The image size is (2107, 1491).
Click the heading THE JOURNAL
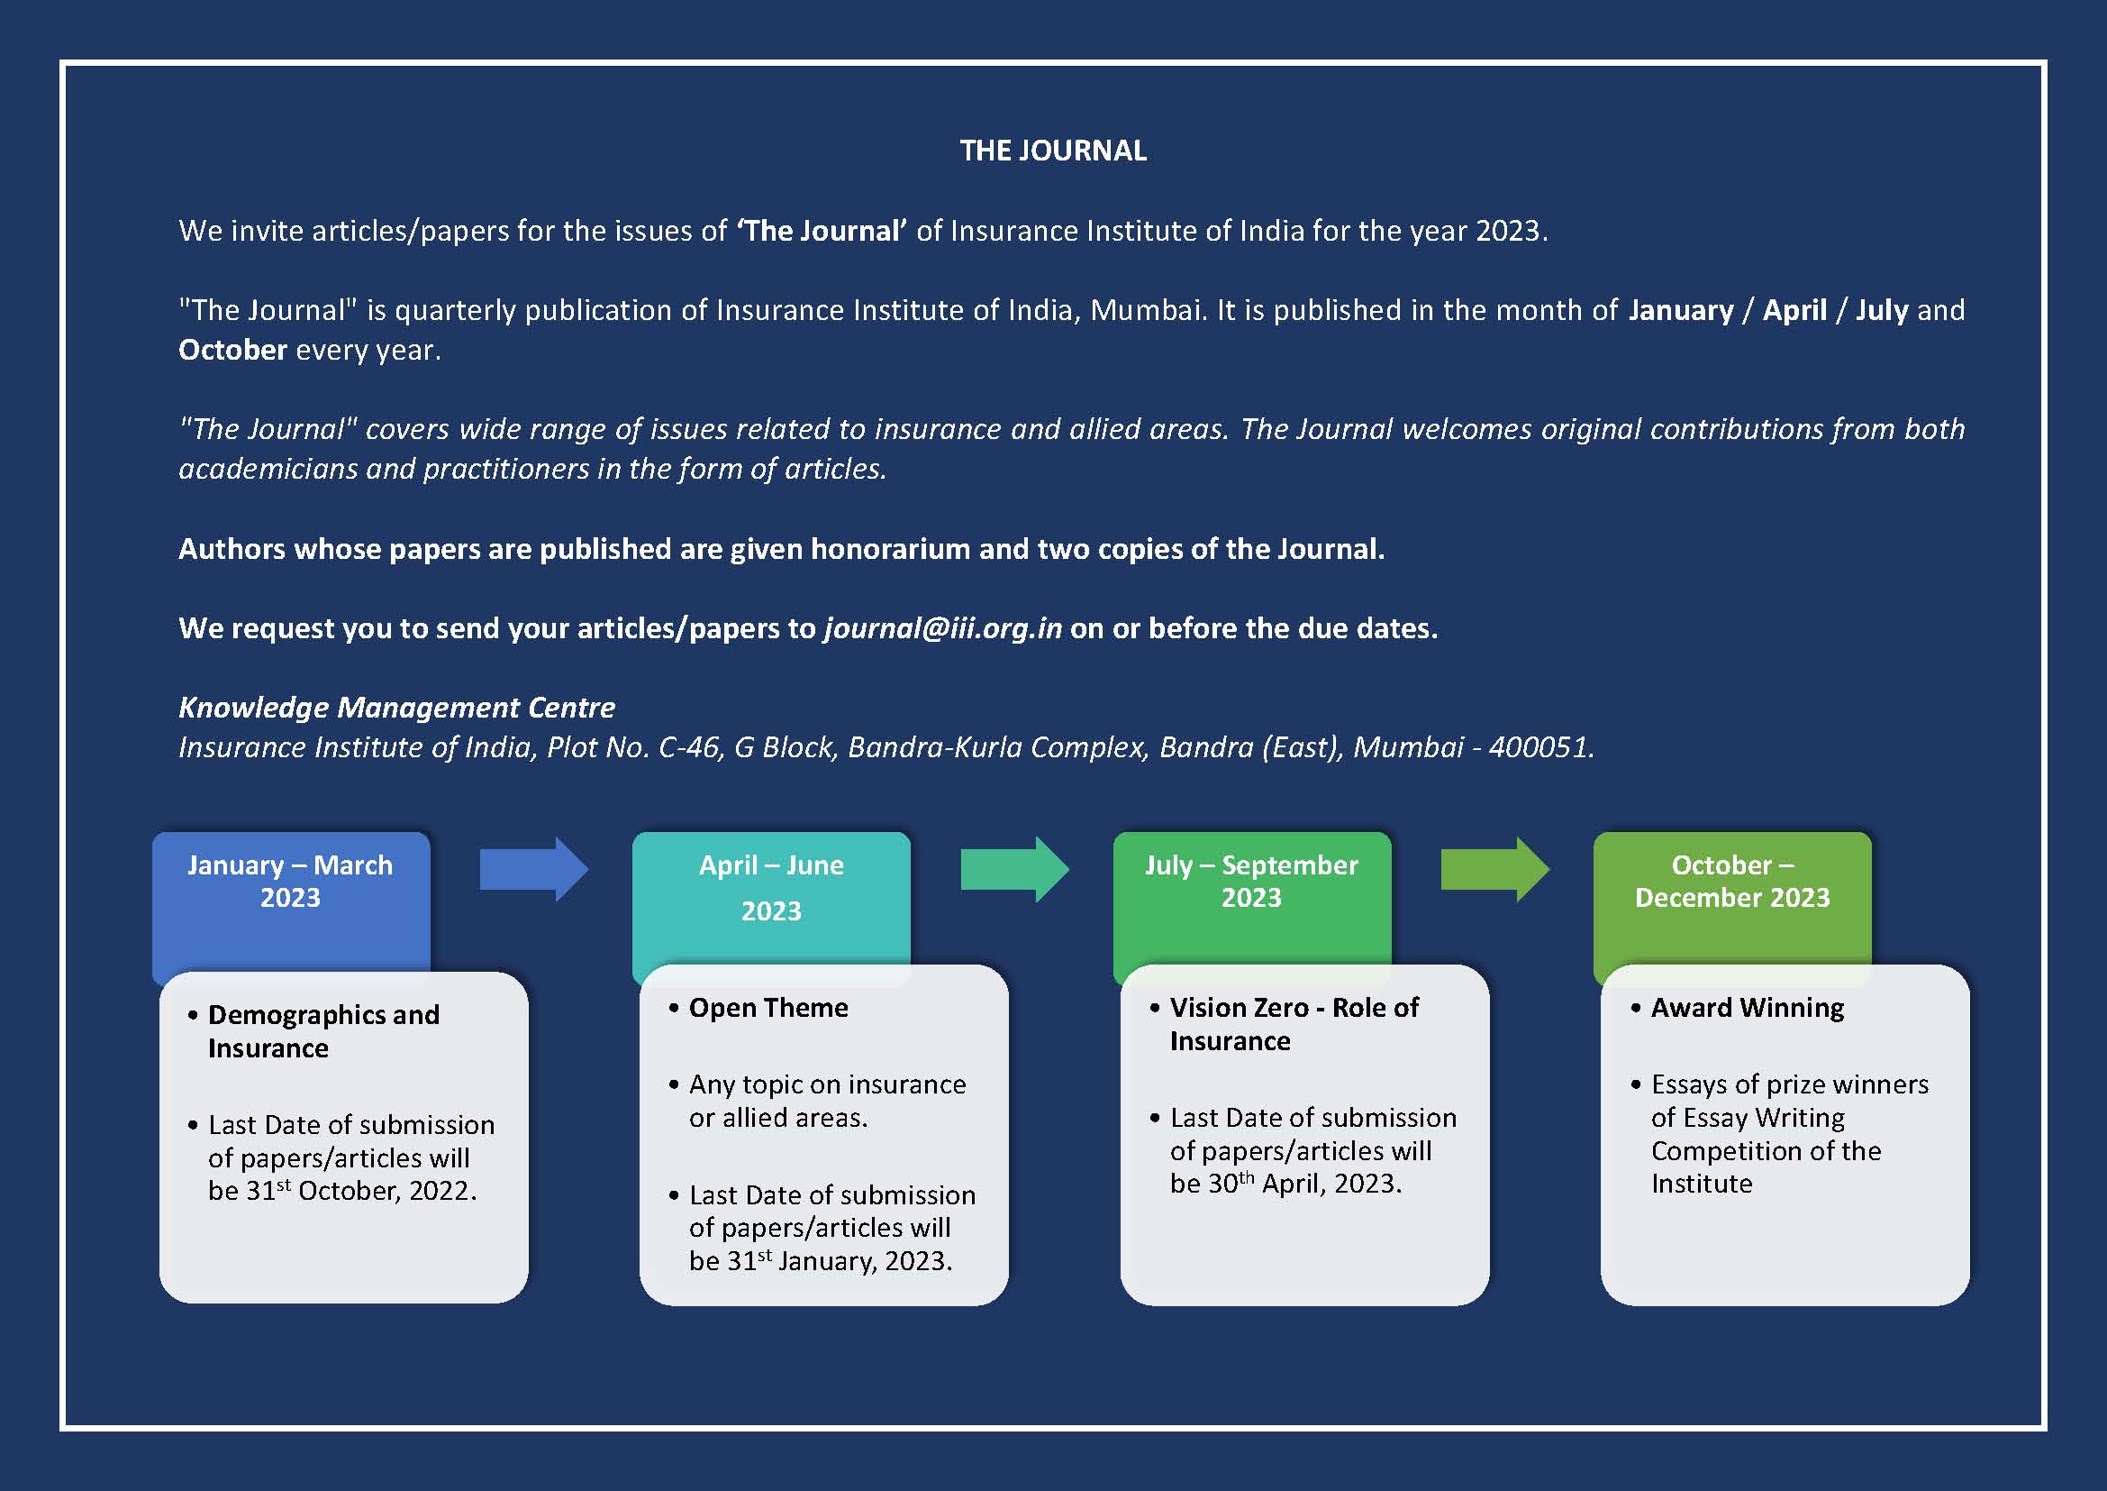1054,151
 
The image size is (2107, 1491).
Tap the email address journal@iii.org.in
943,628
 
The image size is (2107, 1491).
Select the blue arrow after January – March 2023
534,868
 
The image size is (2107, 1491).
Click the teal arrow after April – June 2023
1015,868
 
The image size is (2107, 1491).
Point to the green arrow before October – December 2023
1495,868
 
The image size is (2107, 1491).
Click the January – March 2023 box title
290,881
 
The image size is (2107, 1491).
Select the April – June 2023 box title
771,888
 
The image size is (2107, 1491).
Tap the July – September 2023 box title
1252,881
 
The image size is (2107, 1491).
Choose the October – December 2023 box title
1732,881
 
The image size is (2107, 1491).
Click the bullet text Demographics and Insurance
324,1031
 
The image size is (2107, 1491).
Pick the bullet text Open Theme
768,1007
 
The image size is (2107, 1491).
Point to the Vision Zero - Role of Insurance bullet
1294,1024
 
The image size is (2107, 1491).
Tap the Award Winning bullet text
1748,1007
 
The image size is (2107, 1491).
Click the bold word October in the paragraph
233,350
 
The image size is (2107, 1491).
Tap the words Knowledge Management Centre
396,707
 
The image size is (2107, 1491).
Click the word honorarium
890,549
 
